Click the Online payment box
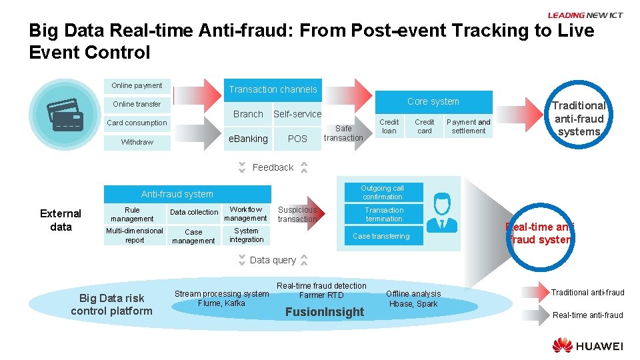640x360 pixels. (x=137, y=85)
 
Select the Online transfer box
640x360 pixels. (x=137, y=104)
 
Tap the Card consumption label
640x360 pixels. (x=137, y=123)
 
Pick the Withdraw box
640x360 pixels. (x=137, y=142)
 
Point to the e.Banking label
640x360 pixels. (x=248, y=139)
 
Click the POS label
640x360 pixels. (x=297, y=139)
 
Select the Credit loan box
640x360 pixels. (x=389, y=127)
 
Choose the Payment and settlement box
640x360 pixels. (x=468, y=127)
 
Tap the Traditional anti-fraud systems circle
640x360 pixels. (x=578, y=118)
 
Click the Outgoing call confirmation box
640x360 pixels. (x=383, y=193)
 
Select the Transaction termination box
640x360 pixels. (x=383, y=214)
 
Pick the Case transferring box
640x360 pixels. (x=381, y=236)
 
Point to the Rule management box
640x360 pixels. (x=132, y=214)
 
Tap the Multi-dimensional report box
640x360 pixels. (x=135, y=235)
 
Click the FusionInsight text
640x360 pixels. (x=325, y=312)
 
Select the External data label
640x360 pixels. (x=61, y=220)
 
